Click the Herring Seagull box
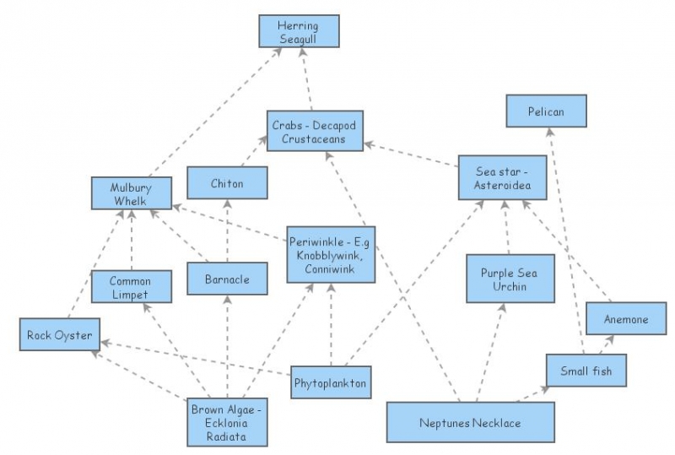coord(298,31)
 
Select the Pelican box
coord(546,111)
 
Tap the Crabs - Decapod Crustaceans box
coord(315,132)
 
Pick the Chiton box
coord(227,183)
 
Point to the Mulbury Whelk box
coord(132,192)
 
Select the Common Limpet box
coord(131,288)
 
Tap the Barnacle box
coord(227,279)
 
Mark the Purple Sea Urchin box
coord(510,279)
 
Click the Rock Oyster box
coord(58,334)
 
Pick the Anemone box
coord(626,319)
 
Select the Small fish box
coord(586,371)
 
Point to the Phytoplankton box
coord(330,382)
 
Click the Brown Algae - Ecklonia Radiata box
coord(228,421)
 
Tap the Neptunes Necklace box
coord(470,422)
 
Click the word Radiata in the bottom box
coord(228,436)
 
